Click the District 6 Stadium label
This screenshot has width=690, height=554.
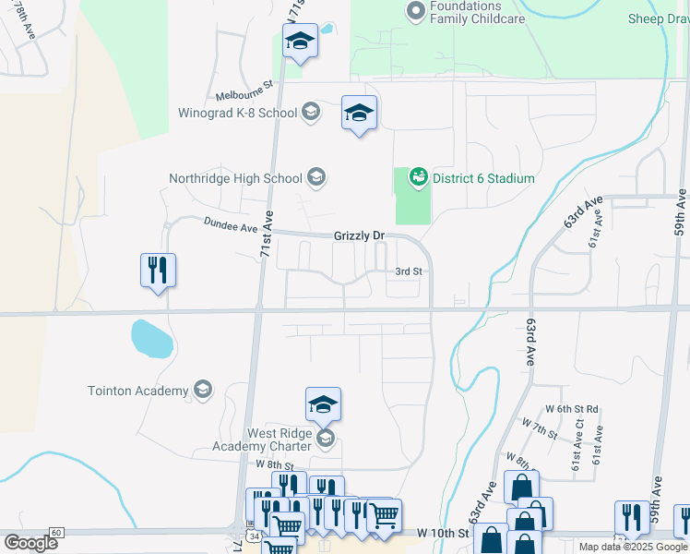[482, 178]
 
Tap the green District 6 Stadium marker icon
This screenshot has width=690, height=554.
[418, 175]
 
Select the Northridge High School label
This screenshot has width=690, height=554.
[235, 178]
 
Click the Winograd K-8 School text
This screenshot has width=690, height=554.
[238, 114]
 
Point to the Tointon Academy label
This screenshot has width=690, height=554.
[138, 391]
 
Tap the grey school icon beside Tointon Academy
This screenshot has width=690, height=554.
[202, 391]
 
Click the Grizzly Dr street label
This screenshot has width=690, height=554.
[359, 236]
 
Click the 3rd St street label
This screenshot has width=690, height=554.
[408, 271]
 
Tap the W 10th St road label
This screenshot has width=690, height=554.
[443, 534]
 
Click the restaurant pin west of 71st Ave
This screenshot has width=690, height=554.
[158, 271]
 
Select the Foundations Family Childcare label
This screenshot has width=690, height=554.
[478, 13]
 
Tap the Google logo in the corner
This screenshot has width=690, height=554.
[31, 543]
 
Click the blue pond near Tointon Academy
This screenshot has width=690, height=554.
[151, 338]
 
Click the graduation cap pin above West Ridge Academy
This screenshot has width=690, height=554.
[323, 404]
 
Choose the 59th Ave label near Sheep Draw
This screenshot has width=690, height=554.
[680, 214]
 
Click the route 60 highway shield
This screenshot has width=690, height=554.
[56, 533]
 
